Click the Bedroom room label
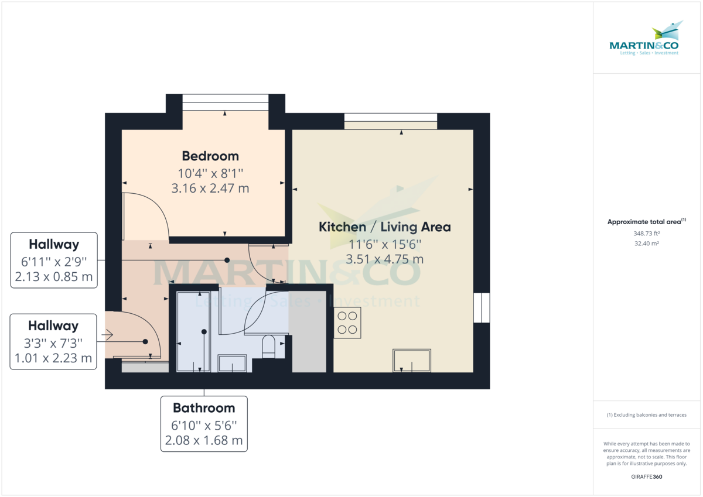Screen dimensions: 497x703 coord(210,156)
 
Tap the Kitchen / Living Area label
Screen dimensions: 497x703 coord(384,227)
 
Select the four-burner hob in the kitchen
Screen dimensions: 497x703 coord(347,323)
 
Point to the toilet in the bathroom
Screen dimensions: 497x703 coord(269,347)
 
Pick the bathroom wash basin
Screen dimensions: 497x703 coord(234,364)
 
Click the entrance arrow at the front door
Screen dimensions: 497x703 coord(107,335)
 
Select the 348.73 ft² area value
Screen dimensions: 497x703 coord(647,233)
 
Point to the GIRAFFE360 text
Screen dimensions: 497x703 coord(647,477)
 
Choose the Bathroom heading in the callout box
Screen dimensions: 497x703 coord(204,408)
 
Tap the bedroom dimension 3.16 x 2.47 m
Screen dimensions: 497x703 coord(210,188)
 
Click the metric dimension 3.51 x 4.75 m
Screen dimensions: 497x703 coord(384,259)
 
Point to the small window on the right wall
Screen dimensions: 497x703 coord(481,307)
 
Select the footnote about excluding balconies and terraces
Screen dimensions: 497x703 coord(647,415)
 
